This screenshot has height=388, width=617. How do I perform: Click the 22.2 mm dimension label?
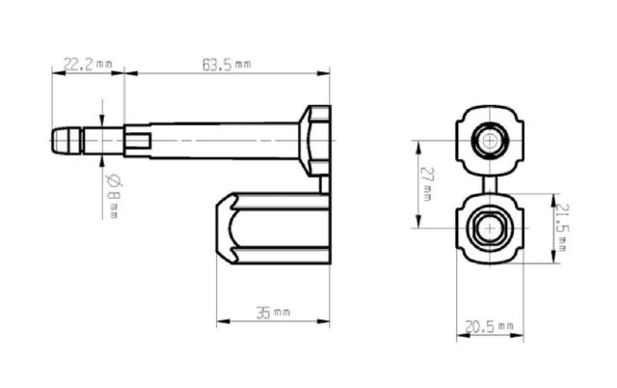tap(88, 64)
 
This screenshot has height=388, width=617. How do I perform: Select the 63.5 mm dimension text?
tap(227, 65)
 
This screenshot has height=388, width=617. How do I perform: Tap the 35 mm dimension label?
tap(273, 313)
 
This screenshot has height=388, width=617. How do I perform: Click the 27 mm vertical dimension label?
tap(426, 183)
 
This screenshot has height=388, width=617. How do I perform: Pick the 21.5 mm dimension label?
tap(562, 227)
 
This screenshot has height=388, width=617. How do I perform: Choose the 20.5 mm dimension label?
tap(489, 326)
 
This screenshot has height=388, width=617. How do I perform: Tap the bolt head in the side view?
tap(315, 140)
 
